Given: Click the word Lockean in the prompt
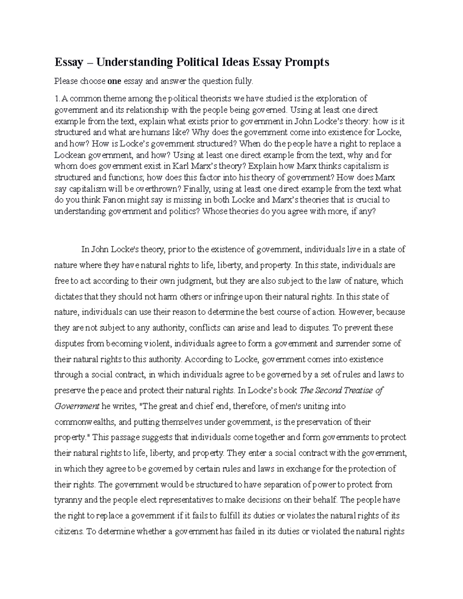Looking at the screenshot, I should (x=68, y=155).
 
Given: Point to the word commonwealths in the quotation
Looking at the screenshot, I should (x=84, y=422).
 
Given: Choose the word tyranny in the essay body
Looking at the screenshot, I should (x=68, y=500).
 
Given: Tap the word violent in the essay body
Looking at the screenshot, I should (x=158, y=343).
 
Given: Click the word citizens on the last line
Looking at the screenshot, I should (x=69, y=532).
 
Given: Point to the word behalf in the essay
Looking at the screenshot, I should (x=327, y=500).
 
